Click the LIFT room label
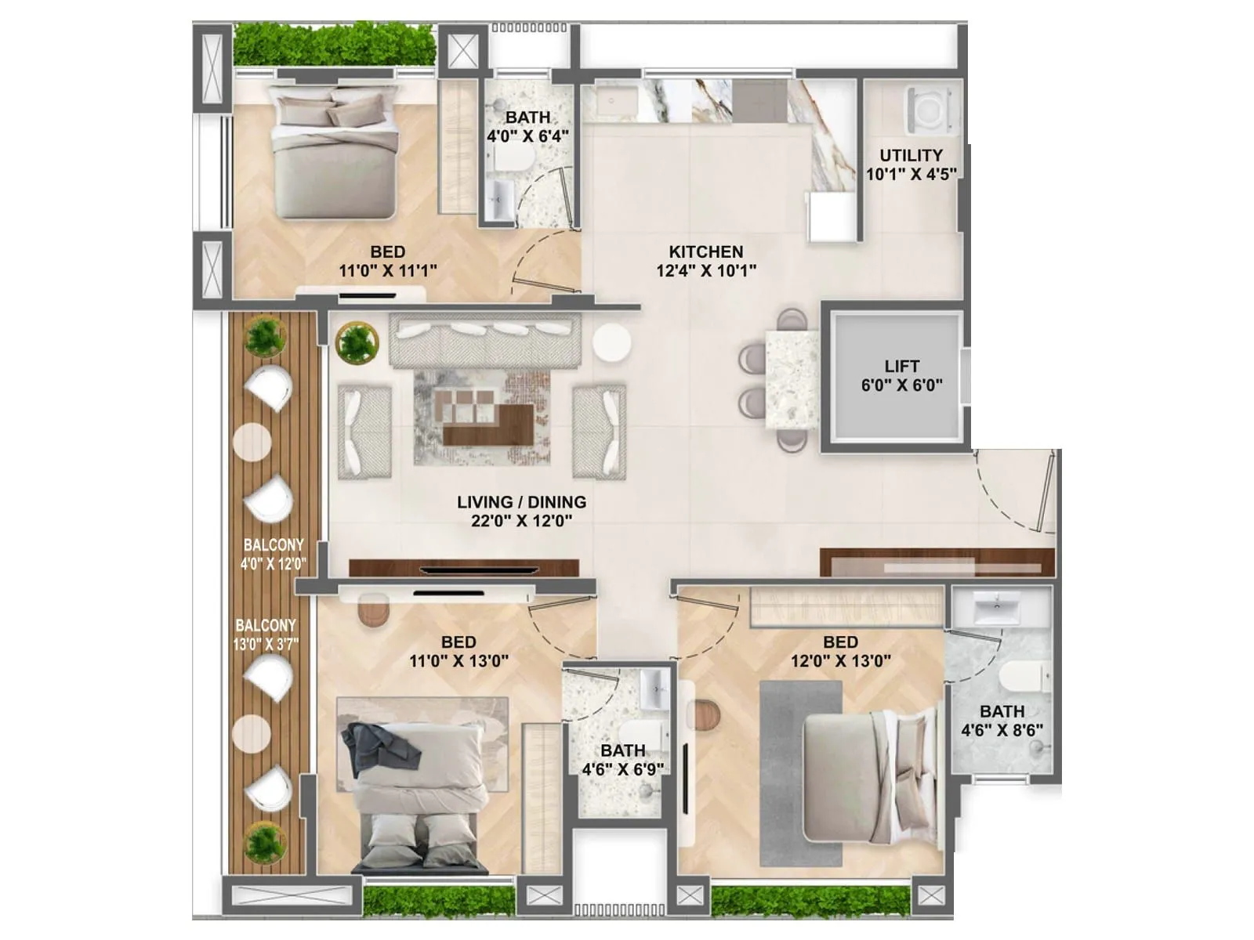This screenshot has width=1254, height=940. coord(901,367)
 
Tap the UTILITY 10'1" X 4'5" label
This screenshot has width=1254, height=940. coord(911,164)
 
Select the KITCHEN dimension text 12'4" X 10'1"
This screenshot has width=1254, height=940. coord(706,271)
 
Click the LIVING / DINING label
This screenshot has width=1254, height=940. coord(521,502)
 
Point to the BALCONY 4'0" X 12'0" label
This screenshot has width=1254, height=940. coord(273,554)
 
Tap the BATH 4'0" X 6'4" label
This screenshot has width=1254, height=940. coord(527,126)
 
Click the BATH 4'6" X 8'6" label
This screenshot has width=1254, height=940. coord(1002,721)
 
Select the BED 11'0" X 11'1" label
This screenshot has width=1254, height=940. coord(387,261)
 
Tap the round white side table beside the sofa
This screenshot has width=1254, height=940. coord(611,344)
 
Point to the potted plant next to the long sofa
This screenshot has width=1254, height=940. coord(357,343)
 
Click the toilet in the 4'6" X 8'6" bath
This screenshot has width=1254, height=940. coord(1026,675)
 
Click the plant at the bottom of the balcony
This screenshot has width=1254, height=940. coord(264,844)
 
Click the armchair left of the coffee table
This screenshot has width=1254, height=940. coord(365,432)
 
